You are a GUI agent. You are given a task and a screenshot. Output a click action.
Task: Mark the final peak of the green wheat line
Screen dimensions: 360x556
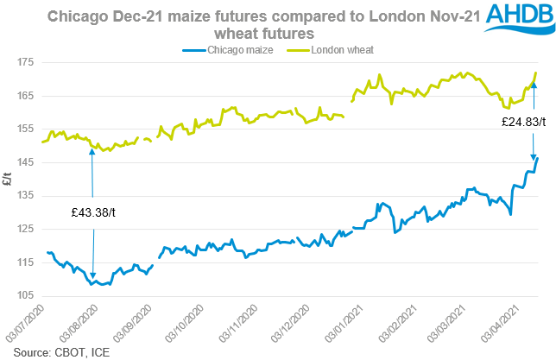point(537,73)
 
